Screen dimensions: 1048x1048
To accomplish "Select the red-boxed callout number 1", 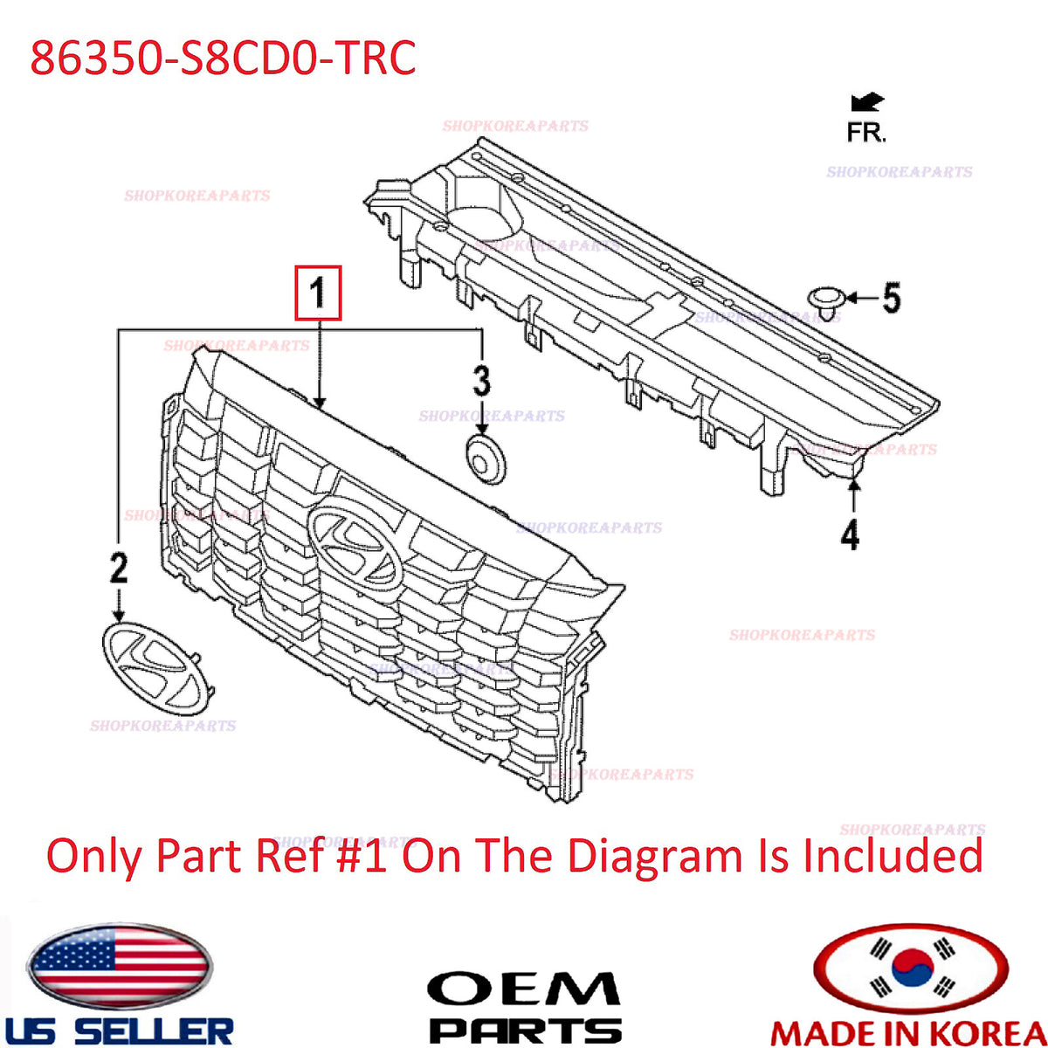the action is coord(318,292).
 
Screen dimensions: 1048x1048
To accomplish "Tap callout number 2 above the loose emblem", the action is coord(119,569).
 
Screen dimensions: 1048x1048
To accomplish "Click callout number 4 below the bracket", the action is coord(851,534).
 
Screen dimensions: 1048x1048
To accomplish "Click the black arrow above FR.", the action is coord(868,102).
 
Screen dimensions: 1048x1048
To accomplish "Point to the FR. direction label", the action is coord(866,132).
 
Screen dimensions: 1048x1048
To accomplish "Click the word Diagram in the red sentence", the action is coord(657,856).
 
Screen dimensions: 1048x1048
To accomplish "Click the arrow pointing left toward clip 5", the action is coord(862,298).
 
